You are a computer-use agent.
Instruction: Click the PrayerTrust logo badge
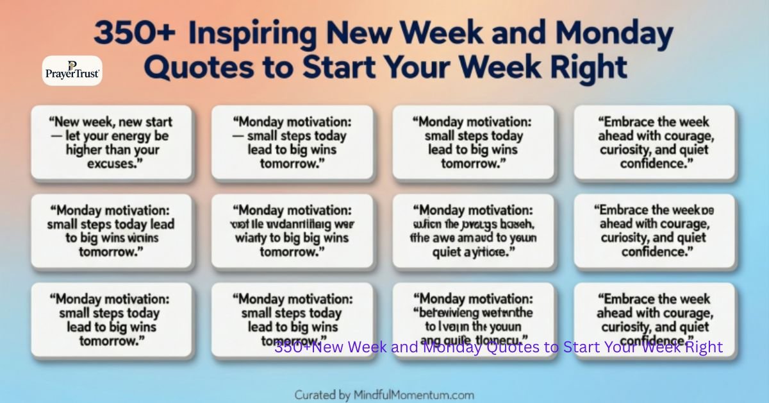coord(72,71)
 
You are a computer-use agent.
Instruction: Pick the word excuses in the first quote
coord(111,163)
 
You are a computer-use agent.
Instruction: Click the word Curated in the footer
coord(317,395)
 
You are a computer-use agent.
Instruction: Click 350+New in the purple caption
coord(305,347)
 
